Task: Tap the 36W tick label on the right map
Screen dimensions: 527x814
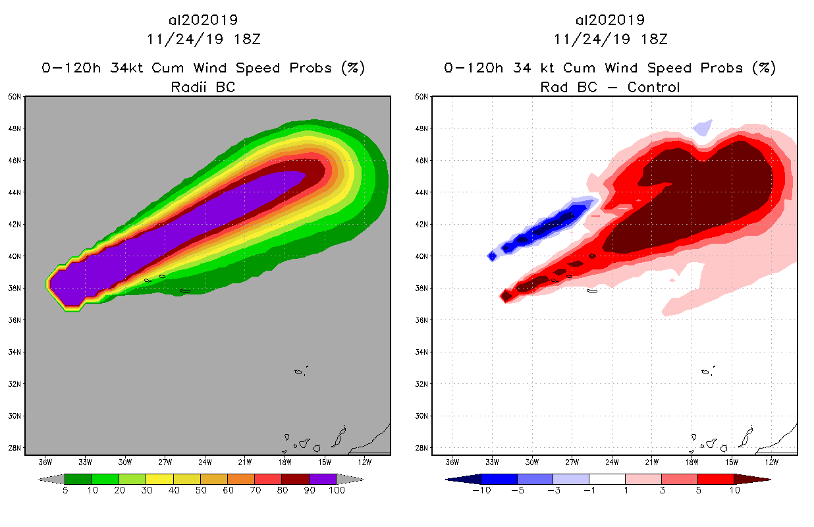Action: point(452,461)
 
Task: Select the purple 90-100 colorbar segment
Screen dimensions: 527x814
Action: point(323,479)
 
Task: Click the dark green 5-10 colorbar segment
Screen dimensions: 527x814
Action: point(78,479)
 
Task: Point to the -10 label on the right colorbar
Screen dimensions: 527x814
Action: point(481,490)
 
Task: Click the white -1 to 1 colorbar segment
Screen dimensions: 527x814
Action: point(607,479)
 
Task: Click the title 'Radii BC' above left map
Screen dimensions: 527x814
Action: point(203,87)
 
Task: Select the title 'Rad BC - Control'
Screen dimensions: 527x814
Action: point(610,87)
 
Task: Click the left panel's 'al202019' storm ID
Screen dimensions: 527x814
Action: point(203,20)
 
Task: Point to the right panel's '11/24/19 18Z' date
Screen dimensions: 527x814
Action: point(610,39)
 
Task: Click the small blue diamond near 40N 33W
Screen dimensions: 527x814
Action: point(492,256)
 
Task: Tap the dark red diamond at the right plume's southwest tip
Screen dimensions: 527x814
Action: point(506,296)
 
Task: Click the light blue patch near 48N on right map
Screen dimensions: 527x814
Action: point(703,127)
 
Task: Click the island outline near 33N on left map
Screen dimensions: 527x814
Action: point(299,372)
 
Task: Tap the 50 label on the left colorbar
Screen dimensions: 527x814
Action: point(200,490)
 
